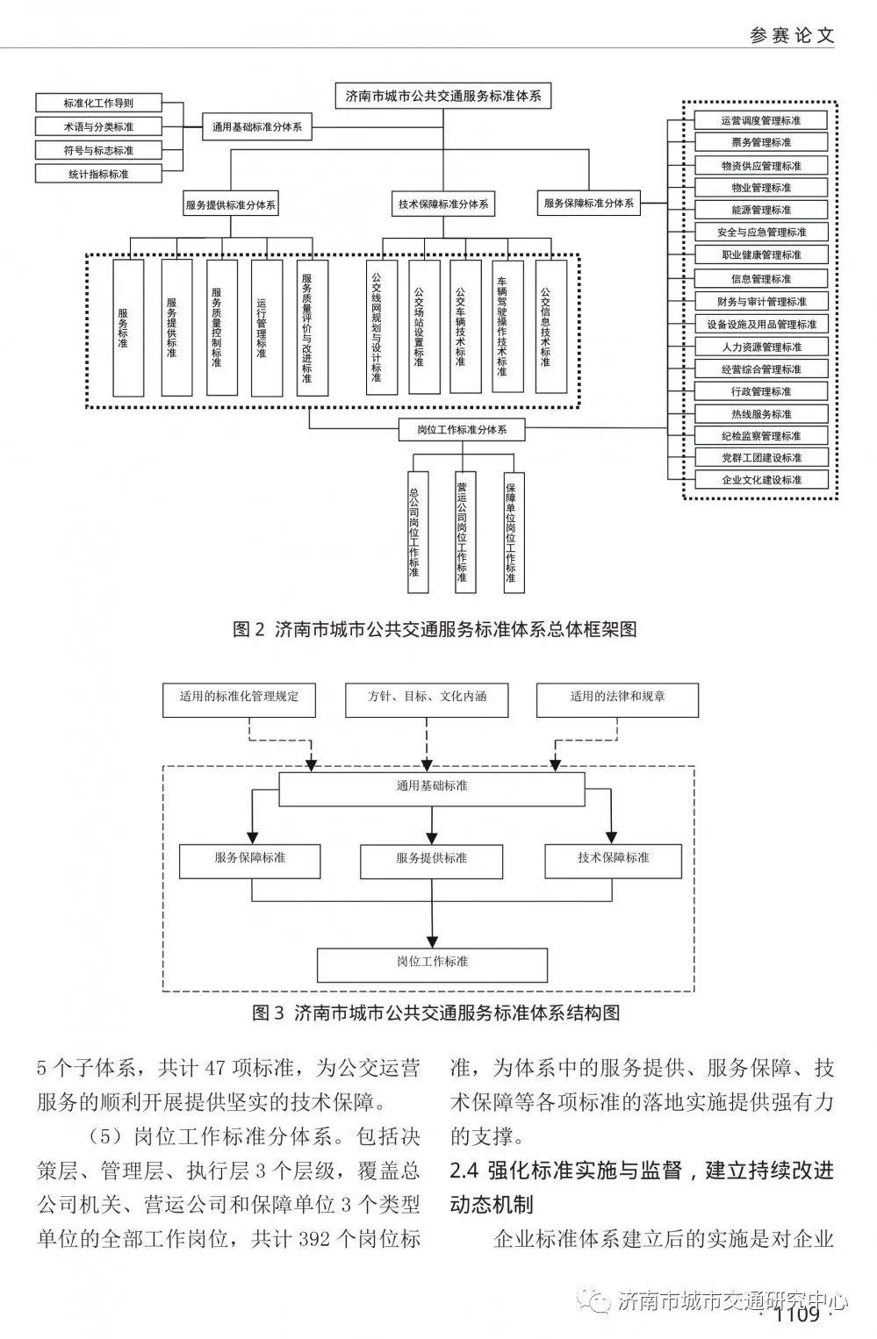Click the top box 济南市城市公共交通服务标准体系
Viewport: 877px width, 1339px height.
443,97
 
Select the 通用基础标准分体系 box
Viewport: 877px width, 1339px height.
256,127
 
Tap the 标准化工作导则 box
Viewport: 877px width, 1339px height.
98,104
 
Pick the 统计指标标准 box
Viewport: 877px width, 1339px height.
98,174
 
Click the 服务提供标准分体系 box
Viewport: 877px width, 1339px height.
231,204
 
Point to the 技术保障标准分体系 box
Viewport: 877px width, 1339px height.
443,204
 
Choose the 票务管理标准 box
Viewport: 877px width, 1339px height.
761,142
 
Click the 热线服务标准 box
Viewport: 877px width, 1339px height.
761,413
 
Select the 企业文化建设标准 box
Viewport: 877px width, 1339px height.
761,480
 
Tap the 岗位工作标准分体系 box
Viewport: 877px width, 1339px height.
462,430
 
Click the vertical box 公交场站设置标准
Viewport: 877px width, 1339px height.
419,326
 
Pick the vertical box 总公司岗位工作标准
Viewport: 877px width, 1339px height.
414,533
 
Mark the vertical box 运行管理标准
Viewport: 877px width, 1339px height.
262,326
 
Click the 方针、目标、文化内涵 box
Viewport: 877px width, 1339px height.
428,698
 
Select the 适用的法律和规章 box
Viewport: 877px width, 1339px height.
618,698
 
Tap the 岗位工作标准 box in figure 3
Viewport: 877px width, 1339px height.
432,963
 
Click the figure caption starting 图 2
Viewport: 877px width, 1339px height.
435,629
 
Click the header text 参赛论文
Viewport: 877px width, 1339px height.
792,35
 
